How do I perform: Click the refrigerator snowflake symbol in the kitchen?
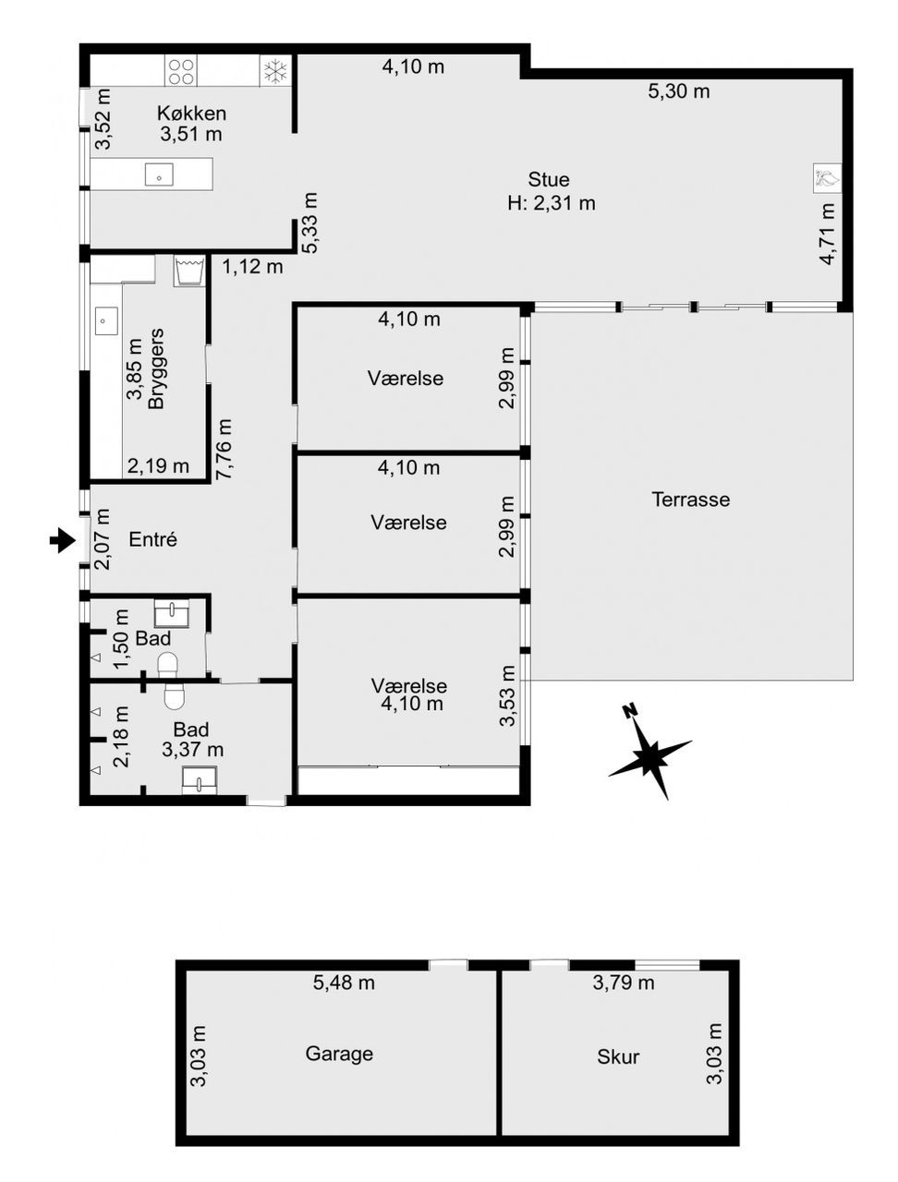(276, 71)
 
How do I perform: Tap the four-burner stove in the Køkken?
(181, 71)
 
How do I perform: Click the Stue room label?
(549, 179)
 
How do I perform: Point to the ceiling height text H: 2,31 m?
(552, 203)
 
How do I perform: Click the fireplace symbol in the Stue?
(827, 178)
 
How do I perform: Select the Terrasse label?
(691, 500)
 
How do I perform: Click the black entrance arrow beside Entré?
(63, 540)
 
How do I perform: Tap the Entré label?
(153, 539)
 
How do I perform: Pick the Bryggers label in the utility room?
(156, 368)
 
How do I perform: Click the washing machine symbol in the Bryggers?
(188, 271)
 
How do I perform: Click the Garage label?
(339, 1054)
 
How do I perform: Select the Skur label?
(618, 1056)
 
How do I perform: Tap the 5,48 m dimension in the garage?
(344, 983)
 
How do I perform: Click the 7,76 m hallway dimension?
(224, 449)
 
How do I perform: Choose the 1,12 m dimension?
(252, 266)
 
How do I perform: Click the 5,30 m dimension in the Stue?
(679, 91)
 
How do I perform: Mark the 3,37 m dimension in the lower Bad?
(192, 749)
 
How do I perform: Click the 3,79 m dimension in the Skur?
(624, 983)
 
